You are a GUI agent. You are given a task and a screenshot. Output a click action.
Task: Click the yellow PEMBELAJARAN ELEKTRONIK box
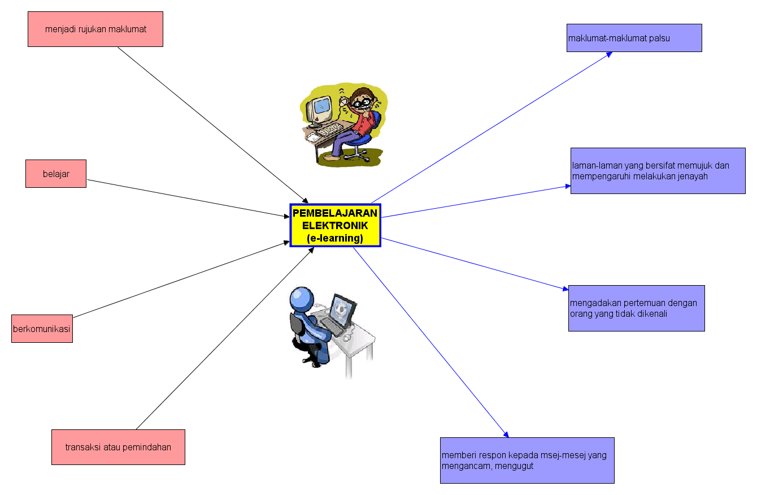pyautogui.click(x=336, y=225)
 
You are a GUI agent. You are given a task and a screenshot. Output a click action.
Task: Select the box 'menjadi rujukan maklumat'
pyautogui.click(x=95, y=29)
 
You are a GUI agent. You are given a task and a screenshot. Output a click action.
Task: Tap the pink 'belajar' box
pyautogui.click(x=56, y=174)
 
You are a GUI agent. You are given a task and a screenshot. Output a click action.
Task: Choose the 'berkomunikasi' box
pyautogui.click(x=42, y=329)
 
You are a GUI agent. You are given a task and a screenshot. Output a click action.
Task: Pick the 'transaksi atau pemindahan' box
pyautogui.click(x=118, y=447)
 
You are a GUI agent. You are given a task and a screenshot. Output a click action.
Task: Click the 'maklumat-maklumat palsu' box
pyautogui.click(x=634, y=38)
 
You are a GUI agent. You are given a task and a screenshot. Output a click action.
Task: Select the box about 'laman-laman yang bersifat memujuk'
pyautogui.click(x=658, y=171)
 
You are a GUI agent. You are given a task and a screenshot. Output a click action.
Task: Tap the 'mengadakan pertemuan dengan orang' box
pyautogui.click(x=636, y=308)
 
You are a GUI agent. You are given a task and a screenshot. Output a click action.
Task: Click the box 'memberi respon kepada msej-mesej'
pyautogui.click(x=527, y=460)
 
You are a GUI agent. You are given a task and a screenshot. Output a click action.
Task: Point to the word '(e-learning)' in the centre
pyautogui.click(x=335, y=238)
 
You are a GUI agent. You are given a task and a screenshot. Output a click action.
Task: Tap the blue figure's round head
pyautogui.click(x=302, y=299)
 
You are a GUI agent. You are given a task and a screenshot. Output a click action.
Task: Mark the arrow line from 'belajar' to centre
pyautogui.click(x=186, y=198)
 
